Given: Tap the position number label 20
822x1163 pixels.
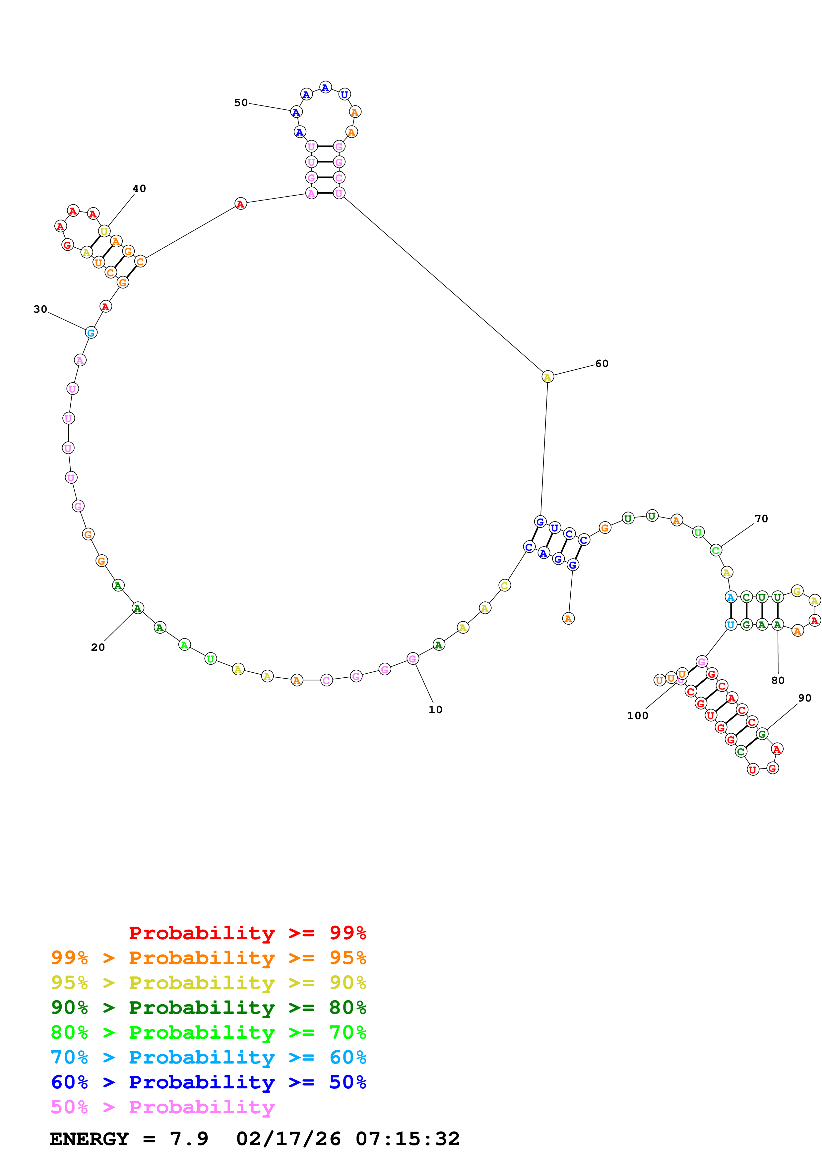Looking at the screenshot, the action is point(98,647).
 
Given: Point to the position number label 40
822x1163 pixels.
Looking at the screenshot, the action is point(139,188).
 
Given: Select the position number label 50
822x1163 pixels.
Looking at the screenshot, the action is point(241,103).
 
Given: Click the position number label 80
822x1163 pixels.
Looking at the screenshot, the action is point(778,681).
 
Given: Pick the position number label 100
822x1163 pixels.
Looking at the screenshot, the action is point(638,716).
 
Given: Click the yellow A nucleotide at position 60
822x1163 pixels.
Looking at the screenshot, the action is point(547,377).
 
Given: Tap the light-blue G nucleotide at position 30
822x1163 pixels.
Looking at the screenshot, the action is point(91,333).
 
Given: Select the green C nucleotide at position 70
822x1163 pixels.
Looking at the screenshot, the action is point(716,550).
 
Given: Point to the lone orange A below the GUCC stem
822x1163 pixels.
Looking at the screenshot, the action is point(568,619).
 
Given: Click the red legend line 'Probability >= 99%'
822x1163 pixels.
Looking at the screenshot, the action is point(248,933).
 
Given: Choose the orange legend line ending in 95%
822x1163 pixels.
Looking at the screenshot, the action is point(209,958).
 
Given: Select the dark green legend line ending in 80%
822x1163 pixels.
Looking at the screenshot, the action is point(209,1008).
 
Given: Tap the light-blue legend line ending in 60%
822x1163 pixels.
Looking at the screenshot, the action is point(209,1057).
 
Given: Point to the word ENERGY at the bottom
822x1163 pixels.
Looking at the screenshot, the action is point(89,1139).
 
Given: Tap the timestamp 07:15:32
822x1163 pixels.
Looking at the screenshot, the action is point(408,1139).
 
